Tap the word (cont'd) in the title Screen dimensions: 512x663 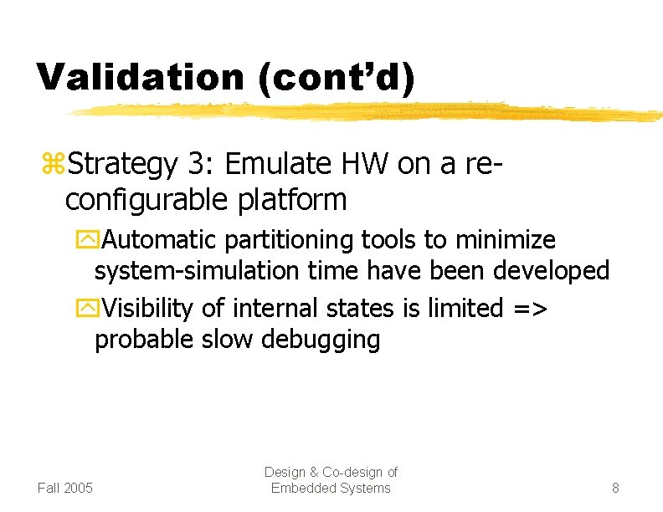point(336,76)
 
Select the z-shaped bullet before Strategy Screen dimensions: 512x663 point(51,165)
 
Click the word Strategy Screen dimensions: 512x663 point(122,165)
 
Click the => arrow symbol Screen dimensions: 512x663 point(527,309)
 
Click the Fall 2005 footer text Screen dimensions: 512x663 point(65,488)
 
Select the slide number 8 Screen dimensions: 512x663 point(615,488)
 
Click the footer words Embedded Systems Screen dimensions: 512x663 point(331,488)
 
